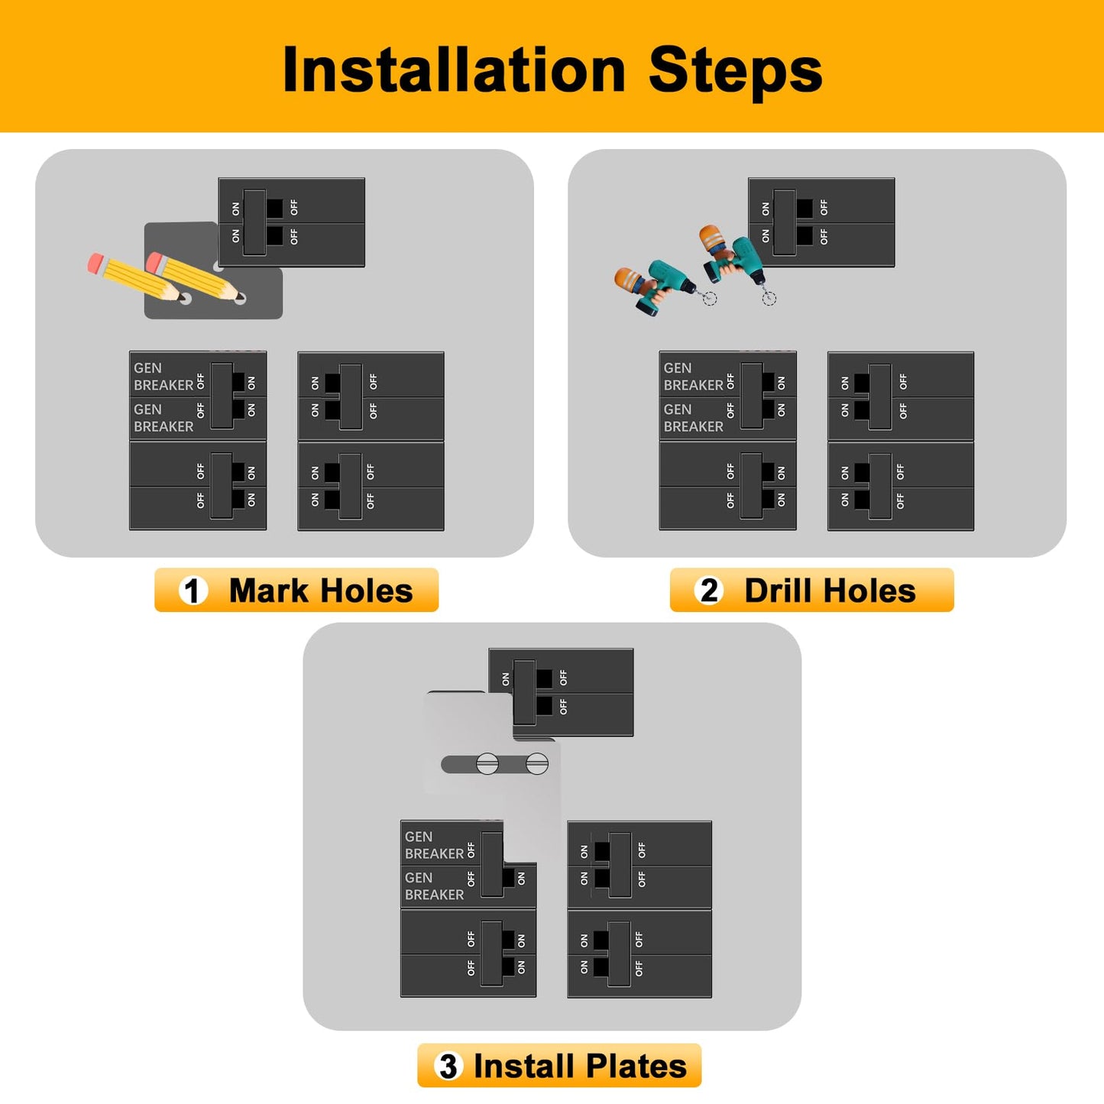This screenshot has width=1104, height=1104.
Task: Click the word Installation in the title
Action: tap(454, 70)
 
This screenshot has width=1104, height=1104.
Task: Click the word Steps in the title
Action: tap(735, 70)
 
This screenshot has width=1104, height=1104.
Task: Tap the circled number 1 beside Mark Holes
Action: tap(193, 591)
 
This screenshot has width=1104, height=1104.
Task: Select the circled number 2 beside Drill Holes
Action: tap(709, 591)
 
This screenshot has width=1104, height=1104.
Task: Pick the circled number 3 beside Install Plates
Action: tap(448, 1066)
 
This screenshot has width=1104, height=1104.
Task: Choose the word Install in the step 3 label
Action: tap(523, 1066)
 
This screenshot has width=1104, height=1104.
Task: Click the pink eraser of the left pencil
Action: tap(96, 264)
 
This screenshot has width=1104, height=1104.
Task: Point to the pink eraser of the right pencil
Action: tap(155, 263)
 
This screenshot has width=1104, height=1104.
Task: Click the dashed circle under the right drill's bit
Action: tap(769, 298)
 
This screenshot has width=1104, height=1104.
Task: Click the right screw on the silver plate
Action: tap(537, 763)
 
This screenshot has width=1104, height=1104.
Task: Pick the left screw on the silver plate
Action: tap(487, 763)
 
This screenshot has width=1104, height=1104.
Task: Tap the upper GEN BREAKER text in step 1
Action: tap(163, 377)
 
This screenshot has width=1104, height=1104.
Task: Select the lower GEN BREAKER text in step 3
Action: tap(434, 886)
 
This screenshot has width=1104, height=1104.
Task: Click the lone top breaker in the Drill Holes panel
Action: tap(821, 222)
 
